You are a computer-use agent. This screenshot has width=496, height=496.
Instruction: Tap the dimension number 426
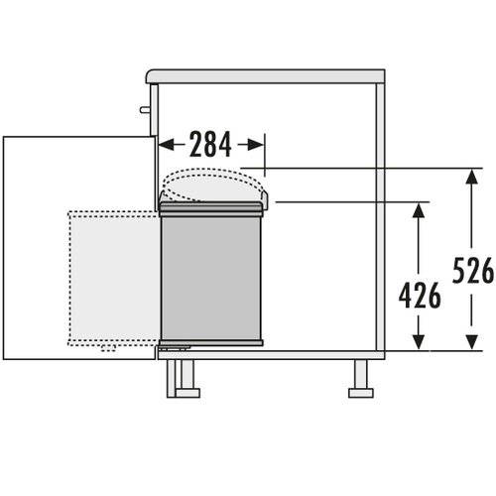coord(420,296)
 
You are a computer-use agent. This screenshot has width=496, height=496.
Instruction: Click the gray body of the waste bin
coord(211,278)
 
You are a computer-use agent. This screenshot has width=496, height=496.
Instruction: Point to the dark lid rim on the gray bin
coord(211,208)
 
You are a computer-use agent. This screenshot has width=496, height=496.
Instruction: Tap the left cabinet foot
coord(183,378)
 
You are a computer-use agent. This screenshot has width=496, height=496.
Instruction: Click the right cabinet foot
coord(360,378)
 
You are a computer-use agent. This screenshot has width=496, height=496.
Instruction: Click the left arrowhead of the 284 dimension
coord(166,145)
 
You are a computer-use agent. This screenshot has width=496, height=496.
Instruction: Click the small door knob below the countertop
coord(144,110)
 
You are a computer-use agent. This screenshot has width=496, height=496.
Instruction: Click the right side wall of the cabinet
coord(379,218)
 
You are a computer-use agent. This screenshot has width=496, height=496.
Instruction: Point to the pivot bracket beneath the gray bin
coord(177,348)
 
